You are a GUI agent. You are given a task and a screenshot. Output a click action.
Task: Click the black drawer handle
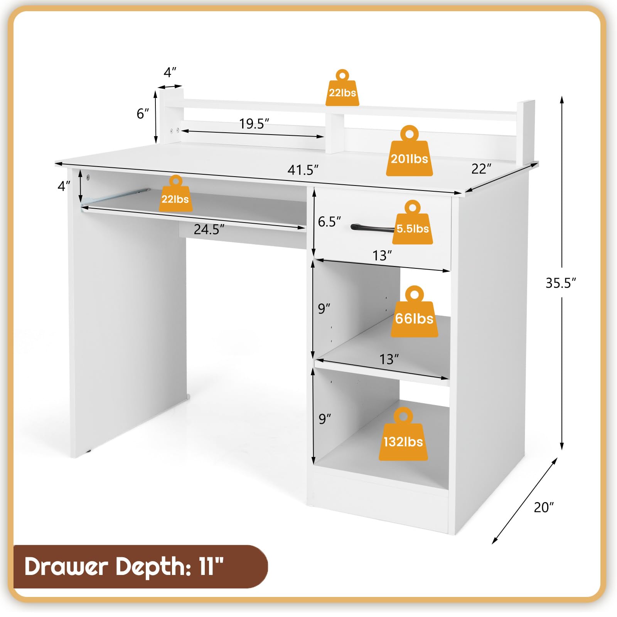[x=373, y=228]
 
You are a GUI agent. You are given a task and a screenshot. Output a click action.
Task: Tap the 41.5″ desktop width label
[x=303, y=170]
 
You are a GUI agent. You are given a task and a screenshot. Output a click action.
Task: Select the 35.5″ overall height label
[x=561, y=283]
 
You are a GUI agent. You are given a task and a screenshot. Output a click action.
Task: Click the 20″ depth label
[x=544, y=507]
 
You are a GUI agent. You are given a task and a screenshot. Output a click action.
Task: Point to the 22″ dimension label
[x=481, y=169]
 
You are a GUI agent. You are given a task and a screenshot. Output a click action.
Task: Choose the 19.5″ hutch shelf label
[x=254, y=123]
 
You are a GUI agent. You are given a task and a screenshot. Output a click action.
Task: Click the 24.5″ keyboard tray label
[x=209, y=229]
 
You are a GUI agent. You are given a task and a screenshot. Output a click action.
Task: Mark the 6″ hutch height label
[x=143, y=113]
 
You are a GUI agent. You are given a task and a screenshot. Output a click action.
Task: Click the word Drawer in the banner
[x=66, y=566]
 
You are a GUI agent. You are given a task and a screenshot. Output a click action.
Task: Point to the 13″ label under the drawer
[x=382, y=255]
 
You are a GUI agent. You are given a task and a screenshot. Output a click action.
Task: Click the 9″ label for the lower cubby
[x=325, y=418]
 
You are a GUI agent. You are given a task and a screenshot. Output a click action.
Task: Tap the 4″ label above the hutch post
[x=170, y=72]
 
